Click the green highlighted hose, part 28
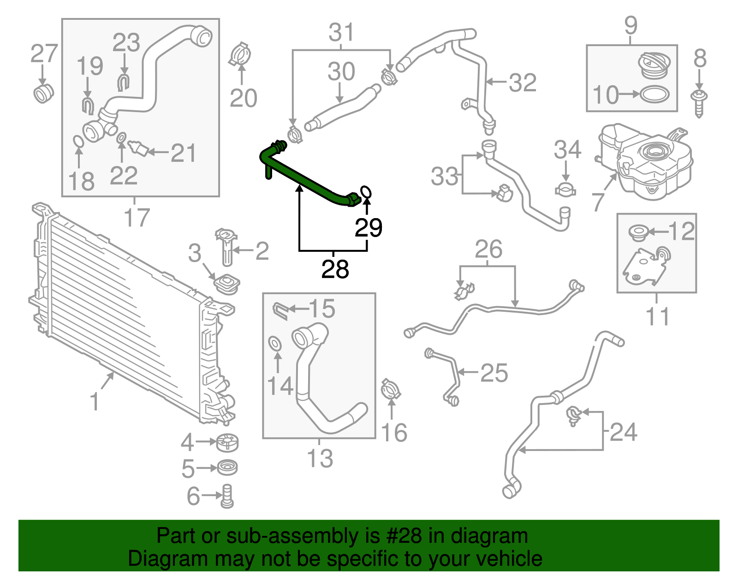[304, 178]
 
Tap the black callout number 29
[368, 228]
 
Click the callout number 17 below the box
[137, 218]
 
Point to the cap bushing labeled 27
[43, 94]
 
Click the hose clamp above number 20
[240, 55]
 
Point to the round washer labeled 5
[226, 468]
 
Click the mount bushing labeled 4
[227, 443]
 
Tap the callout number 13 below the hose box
[320, 458]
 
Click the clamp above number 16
[391, 390]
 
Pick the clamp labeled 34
[565, 190]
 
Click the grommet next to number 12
[639, 232]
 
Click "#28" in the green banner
[408, 536]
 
